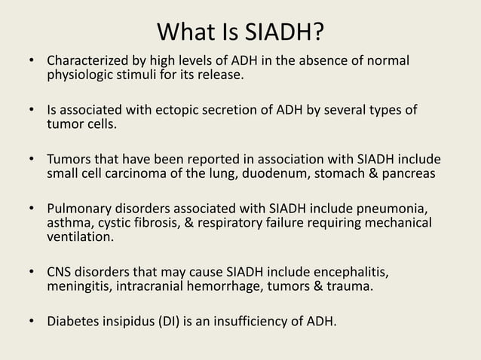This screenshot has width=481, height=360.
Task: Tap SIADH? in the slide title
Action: click(286, 33)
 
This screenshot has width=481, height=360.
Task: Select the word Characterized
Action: click(84, 59)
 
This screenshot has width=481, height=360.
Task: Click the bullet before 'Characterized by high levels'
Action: click(31, 60)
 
